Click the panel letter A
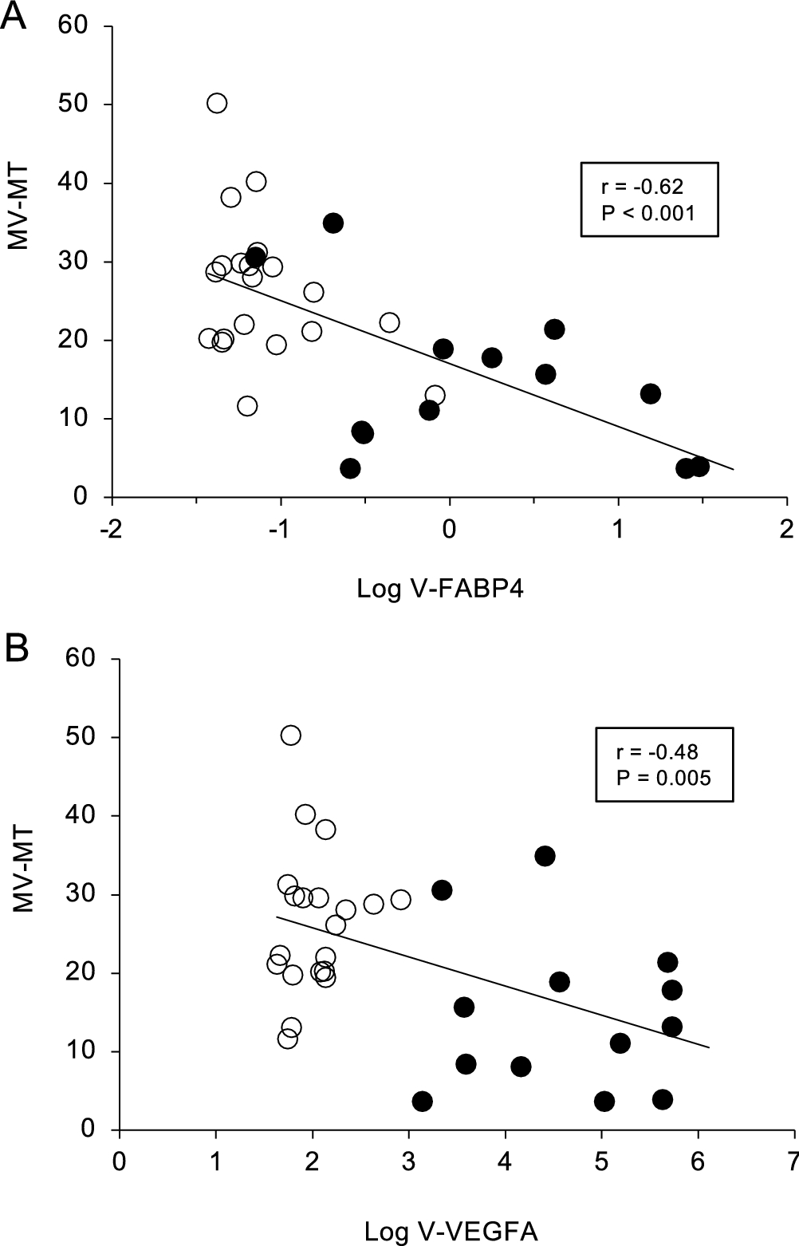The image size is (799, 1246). click(14, 16)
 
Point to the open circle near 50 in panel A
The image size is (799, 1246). click(217, 103)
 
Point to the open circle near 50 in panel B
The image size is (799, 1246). click(291, 735)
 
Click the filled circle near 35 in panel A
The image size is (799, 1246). click(333, 223)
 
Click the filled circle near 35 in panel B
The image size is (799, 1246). click(545, 856)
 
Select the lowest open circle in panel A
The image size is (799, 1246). click(247, 406)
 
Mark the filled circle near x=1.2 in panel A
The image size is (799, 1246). click(650, 393)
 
